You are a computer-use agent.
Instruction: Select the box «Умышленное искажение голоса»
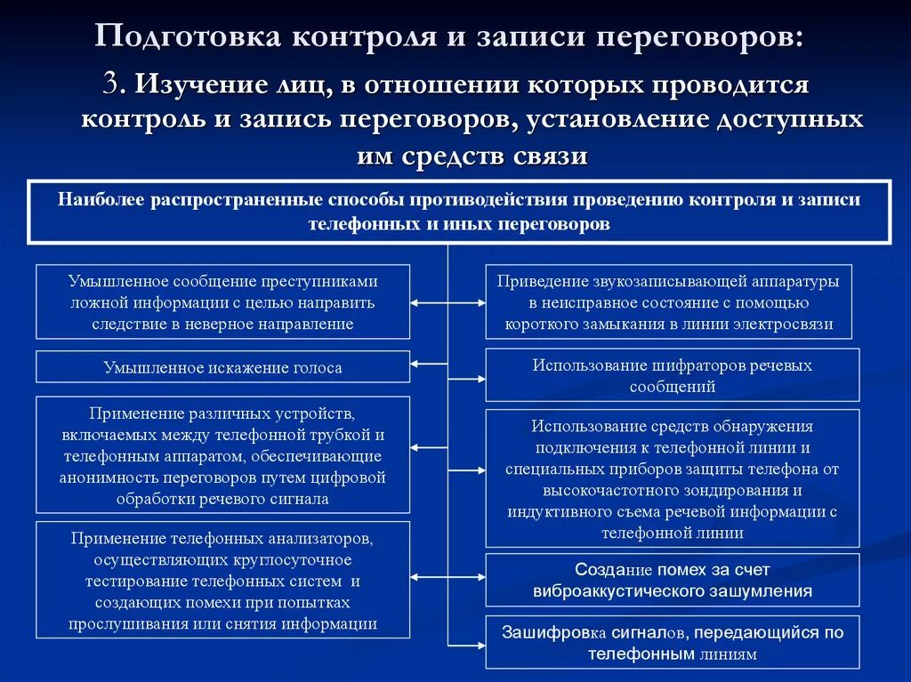coord(222,366)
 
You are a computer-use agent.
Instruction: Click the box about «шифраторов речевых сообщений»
coord(672,375)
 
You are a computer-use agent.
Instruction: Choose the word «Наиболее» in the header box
coord(101,199)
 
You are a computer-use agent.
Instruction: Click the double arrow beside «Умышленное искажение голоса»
coord(430,364)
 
